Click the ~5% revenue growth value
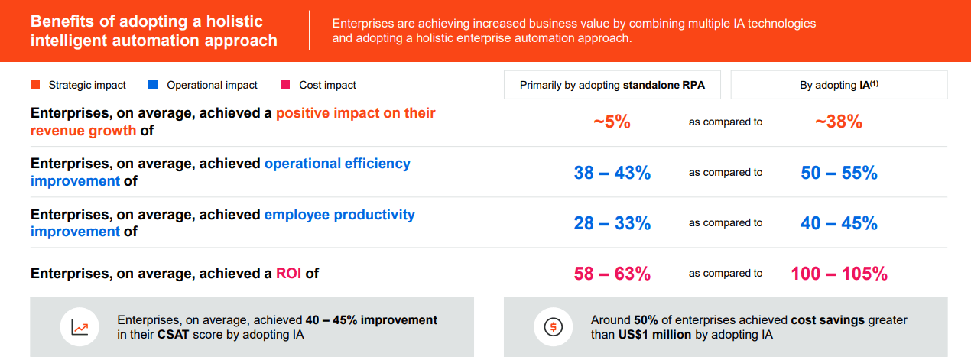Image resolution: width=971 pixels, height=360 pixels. [x=612, y=122]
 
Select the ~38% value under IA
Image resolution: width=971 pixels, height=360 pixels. [x=839, y=122]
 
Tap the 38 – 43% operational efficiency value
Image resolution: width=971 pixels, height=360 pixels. [x=612, y=173]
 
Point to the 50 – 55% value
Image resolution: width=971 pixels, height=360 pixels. [x=839, y=173]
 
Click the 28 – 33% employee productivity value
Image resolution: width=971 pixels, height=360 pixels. [x=612, y=223]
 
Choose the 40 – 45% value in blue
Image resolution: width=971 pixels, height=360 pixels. [x=839, y=223]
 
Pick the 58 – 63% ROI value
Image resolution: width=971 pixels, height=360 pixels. [x=612, y=274]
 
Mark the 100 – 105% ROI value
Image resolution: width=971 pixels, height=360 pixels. [x=839, y=274]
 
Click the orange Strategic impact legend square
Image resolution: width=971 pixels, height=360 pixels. [x=35, y=85]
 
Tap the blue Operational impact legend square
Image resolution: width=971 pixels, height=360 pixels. [x=153, y=85]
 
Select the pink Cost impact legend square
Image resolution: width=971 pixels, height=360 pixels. [x=285, y=85]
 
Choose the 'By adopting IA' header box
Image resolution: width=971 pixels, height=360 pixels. [x=839, y=85]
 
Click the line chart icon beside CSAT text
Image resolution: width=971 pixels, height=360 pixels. [x=80, y=327]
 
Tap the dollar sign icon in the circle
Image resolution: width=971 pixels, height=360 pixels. [x=553, y=327]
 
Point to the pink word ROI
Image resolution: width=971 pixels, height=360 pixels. [x=289, y=273]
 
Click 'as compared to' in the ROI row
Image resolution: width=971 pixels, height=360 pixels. [x=725, y=274]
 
